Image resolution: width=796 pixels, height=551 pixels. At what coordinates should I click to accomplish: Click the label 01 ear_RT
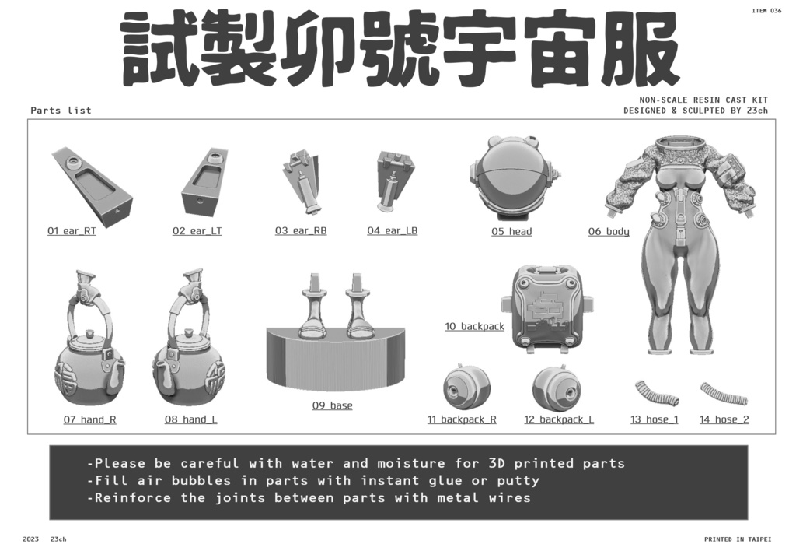72,231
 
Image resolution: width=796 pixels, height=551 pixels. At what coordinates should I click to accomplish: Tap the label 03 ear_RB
300,231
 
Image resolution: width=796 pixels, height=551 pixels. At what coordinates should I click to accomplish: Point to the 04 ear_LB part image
395,181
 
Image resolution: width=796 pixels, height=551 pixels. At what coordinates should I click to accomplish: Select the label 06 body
609,232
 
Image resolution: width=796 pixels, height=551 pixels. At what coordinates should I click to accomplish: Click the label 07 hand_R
89,420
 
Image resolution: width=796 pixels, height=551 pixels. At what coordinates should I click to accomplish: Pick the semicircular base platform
335,358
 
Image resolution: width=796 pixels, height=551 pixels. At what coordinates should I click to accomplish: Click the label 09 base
332,405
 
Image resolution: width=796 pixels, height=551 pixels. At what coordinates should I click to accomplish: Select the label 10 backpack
474,327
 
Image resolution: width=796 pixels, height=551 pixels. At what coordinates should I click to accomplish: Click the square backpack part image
549,308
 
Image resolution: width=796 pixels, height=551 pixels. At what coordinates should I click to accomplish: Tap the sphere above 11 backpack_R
466,386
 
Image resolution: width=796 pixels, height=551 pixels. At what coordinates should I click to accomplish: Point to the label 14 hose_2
724,420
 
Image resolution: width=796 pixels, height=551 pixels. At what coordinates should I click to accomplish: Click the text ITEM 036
766,11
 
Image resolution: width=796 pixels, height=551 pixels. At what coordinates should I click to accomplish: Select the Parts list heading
61,111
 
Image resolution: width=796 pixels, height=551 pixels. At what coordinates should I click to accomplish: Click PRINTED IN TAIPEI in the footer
738,539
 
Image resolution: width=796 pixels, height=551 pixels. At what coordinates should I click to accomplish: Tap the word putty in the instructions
516,481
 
